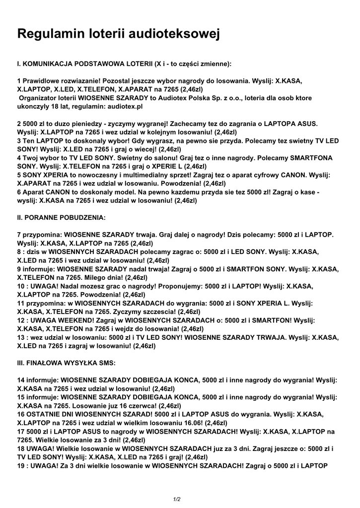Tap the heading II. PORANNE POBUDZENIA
pyautogui.click(x=61, y=217)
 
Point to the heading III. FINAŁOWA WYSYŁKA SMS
pyautogui.click(x=66, y=363)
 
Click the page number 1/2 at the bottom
pyautogui.click(x=177, y=499)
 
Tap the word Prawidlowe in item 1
pyautogui.click(x=43, y=80)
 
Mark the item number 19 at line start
pyautogui.click(x=21, y=465)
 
